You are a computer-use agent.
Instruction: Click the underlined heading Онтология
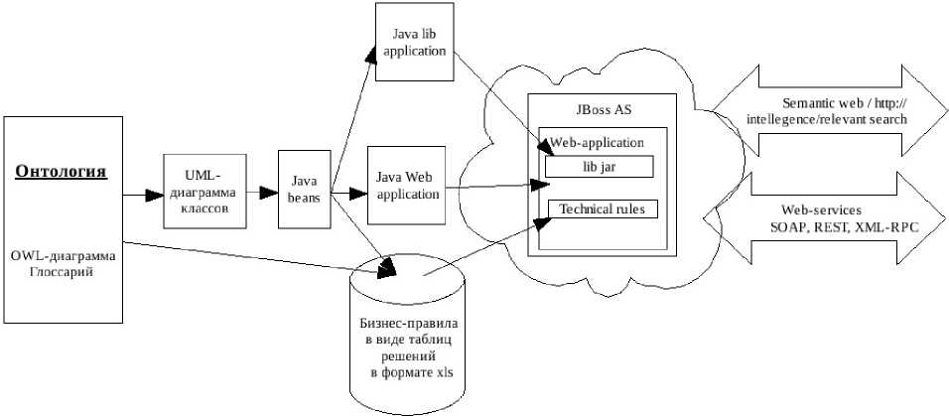click(62, 172)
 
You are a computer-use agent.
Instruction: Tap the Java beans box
click(303, 191)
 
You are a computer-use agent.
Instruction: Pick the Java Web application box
click(407, 186)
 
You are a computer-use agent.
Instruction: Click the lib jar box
click(600, 167)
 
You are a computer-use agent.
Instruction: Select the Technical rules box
click(602, 209)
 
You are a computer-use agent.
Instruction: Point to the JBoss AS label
click(602, 109)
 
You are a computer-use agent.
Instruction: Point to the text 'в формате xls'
click(408, 372)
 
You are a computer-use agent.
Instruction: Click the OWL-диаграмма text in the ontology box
click(64, 256)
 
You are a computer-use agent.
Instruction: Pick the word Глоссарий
click(62, 272)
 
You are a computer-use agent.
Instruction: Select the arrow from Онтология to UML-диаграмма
click(143, 195)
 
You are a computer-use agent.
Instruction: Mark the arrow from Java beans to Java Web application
click(348, 192)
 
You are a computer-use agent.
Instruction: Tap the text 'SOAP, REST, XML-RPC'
click(844, 227)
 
